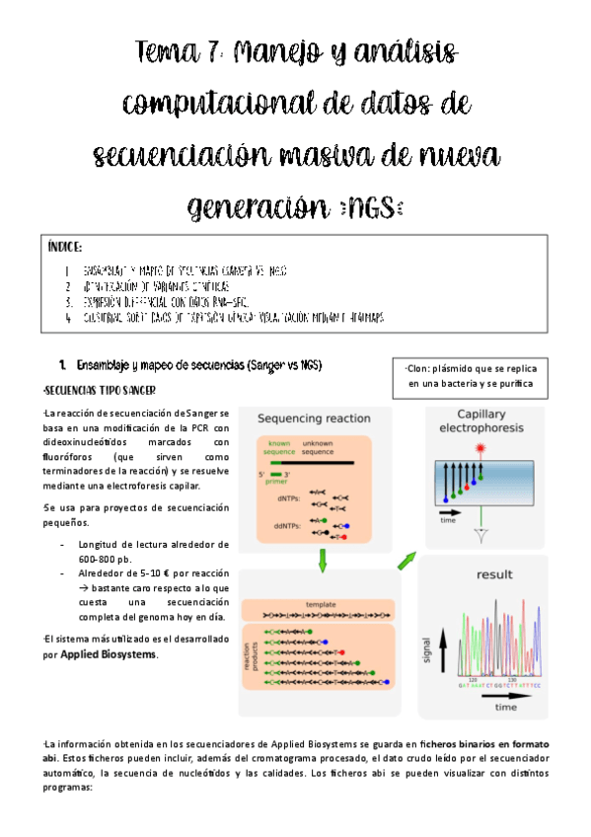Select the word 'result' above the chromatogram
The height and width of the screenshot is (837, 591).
[x=494, y=573]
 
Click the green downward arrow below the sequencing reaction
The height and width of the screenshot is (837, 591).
[x=323, y=561]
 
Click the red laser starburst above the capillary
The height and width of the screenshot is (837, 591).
[x=480, y=450]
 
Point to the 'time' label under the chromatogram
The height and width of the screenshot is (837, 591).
[x=505, y=708]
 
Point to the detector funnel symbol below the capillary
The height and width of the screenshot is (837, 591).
[x=480, y=534]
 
